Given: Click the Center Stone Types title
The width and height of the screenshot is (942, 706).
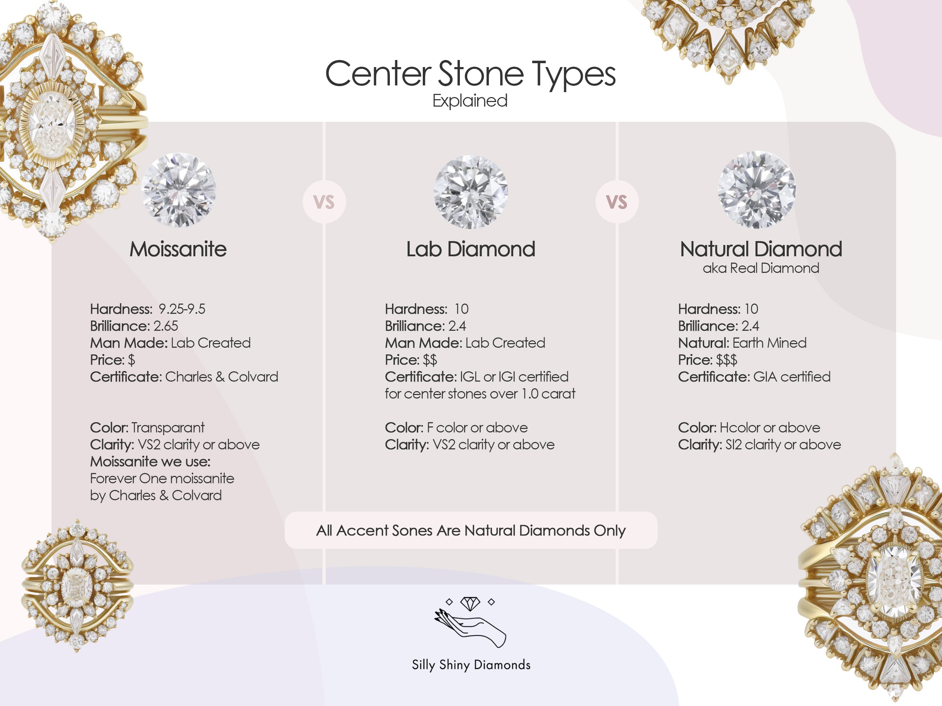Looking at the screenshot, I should point(470,74).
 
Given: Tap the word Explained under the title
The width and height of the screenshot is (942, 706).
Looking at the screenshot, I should point(470,101).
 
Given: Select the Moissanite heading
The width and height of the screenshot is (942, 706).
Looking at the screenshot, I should point(178,249).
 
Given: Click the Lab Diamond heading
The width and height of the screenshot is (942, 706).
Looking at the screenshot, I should point(470,249).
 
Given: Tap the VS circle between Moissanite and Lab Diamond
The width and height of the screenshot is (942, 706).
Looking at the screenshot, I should point(324,202).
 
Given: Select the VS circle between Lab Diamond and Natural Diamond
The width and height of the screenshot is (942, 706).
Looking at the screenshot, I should point(617,202).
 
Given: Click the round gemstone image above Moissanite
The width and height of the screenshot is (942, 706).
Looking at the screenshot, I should point(178,190).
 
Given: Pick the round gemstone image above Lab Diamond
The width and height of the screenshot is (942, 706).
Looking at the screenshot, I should point(470,191).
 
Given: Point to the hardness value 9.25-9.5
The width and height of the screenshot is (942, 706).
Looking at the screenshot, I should point(182,309).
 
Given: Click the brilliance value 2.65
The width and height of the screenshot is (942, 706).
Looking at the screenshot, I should point(166,326).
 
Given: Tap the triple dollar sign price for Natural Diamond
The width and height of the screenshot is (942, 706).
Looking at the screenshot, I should point(727,360).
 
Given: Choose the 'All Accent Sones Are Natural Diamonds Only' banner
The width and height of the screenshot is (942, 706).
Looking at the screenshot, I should point(470,530).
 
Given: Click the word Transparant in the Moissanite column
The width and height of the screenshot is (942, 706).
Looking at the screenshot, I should point(168,428).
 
